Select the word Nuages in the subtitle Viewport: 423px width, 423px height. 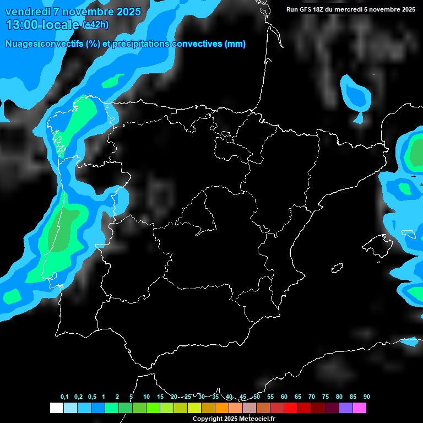(x=21, y=44)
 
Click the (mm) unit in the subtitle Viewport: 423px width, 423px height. (x=235, y=44)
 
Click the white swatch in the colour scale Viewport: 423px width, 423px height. (x=56, y=408)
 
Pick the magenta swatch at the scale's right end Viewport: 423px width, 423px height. (x=360, y=408)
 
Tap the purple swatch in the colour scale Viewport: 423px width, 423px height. (x=346, y=408)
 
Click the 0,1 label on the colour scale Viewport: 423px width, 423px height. (x=64, y=397)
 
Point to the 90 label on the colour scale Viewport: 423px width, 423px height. (x=366, y=397)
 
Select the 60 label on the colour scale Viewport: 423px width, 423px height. (x=284, y=397)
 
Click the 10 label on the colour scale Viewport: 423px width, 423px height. (x=146, y=397)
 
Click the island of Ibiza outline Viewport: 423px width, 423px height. (x=337, y=268)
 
